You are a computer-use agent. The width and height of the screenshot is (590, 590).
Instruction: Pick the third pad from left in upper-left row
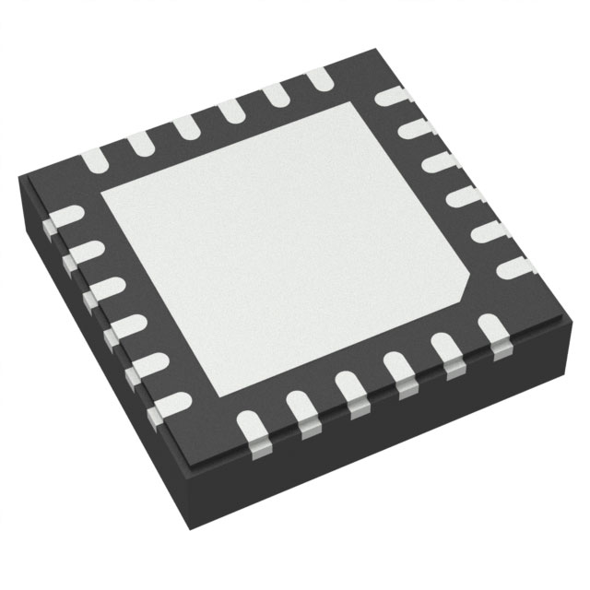pos(184,124)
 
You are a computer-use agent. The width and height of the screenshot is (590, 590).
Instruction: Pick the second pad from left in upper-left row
pos(140,141)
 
